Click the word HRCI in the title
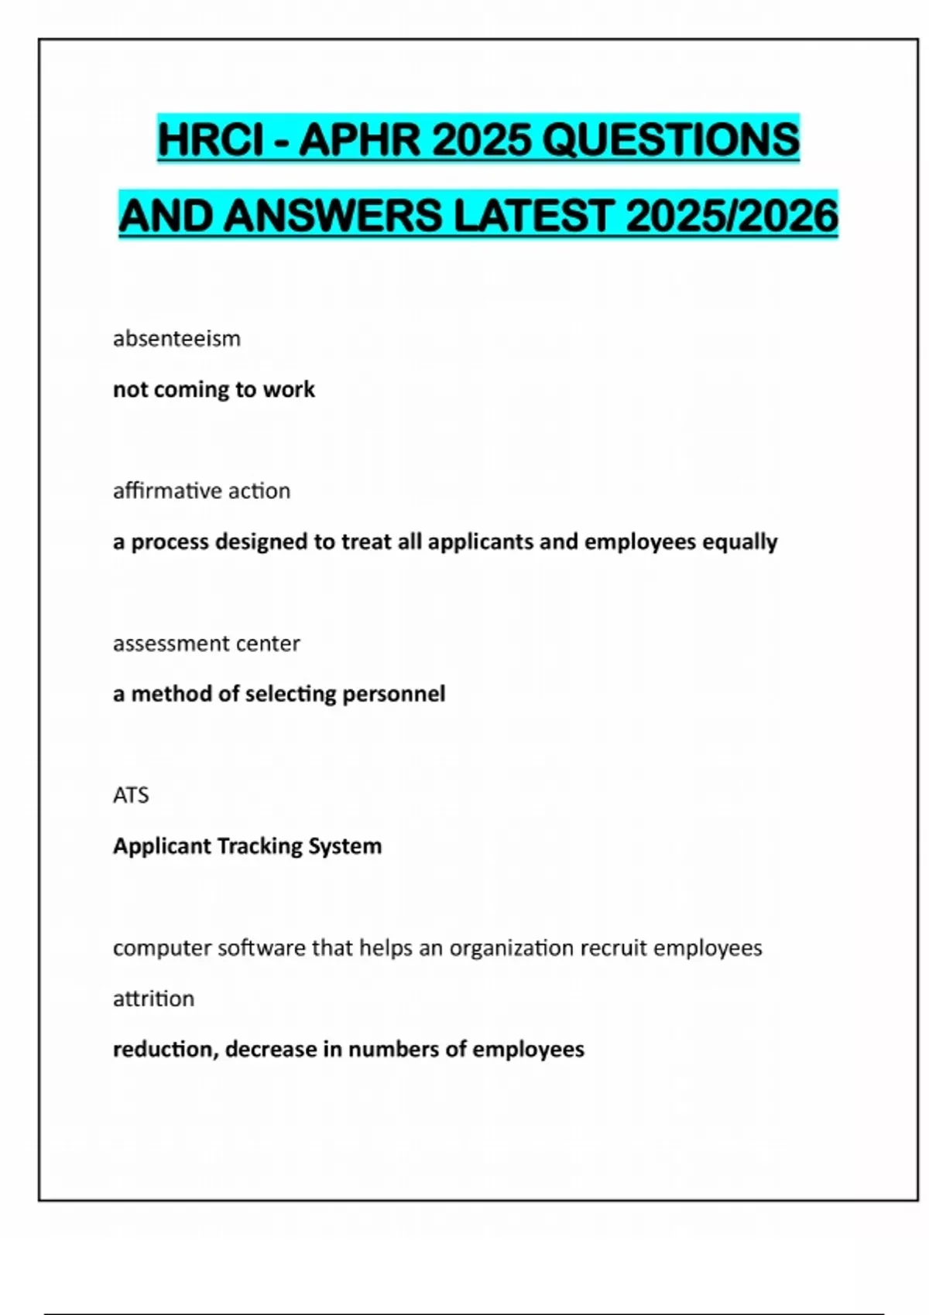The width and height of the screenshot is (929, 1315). click(x=211, y=140)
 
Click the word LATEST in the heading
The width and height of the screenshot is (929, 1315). click(x=533, y=216)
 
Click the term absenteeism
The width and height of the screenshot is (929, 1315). click(x=177, y=339)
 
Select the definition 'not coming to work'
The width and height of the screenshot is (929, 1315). click(x=214, y=389)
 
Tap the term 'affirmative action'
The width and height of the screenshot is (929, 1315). click(x=201, y=491)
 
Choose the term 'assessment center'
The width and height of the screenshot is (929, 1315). click(x=206, y=644)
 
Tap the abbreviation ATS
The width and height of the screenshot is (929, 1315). click(x=131, y=795)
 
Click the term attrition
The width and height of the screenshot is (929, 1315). click(x=153, y=999)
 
